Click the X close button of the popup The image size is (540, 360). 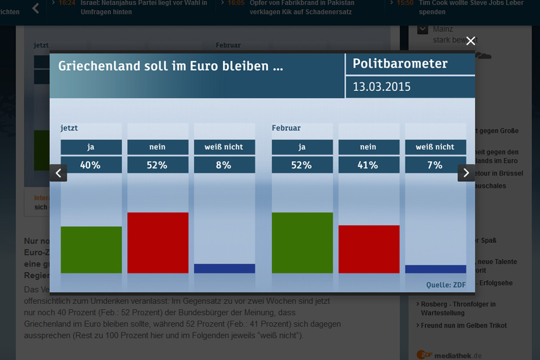pyautogui.click(x=470, y=41)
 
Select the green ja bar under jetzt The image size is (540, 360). pyautogui.click(x=91, y=249)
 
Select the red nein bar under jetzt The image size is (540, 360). pyautogui.click(x=158, y=242)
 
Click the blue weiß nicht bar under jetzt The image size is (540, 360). pyautogui.click(x=224, y=268)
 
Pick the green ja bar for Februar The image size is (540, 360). pyautogui.click(x=302, y=242)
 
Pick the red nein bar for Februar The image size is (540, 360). pyautogui.click(x=369, y=249)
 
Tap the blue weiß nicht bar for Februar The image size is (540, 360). pyautogui.click(x=435, y=269)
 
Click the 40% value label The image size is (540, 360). pyautogui.click(x=91, y=165)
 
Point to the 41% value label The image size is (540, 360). pyautogui.click(x=368, y=165)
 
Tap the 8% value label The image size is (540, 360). pyautogui.click(x=224, y=165)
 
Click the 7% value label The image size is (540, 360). pyautogui.click(x=435, y=165)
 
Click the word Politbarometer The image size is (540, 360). pyautogui.click(x=400, y=64)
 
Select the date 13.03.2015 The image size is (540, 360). pyautogui.click(x=382, y=86)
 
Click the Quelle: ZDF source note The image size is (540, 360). pyautogui.click(x=446, y=284)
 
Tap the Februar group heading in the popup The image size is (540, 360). pyautogui.click(x=286, y=128)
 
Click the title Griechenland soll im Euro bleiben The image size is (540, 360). pyautogui.click(x=171, y=66)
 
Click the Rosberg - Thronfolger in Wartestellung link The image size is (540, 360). pyautogui.click(x=458, y=308)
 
